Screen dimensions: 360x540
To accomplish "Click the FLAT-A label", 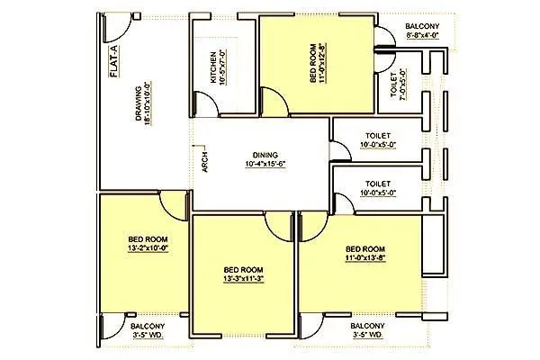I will [114, 66].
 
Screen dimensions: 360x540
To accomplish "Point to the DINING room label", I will [265, 154].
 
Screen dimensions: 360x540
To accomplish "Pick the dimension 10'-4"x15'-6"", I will [265, 165].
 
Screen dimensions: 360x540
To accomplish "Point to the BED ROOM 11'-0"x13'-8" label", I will [366, 254].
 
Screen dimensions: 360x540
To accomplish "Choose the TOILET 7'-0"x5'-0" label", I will [397, 84].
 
